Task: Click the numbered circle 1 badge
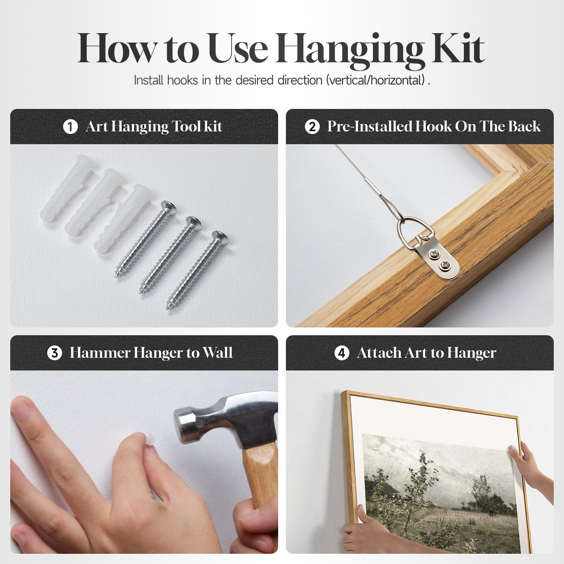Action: (x=70, y=127)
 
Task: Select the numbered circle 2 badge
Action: (x=312, y=127)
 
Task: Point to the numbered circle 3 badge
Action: (x=54, y=353)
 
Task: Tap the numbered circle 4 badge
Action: (x=342, y=353)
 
